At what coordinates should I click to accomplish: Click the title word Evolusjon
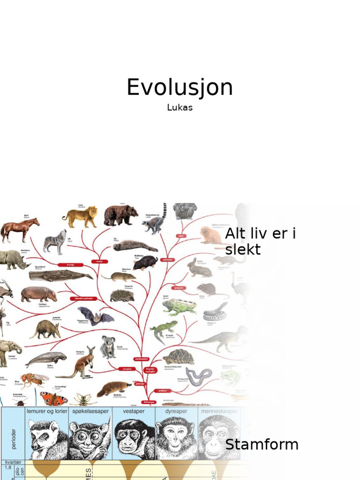point(180,88)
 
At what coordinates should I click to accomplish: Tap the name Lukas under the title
point(180,107)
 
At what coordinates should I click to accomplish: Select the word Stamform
point(262,444)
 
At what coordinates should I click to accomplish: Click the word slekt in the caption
point(242,249)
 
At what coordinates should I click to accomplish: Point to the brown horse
point(19,229)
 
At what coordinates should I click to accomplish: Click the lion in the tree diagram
point(80,216)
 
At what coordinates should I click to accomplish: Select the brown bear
point(120,215)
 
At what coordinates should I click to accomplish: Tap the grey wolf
point(55,241)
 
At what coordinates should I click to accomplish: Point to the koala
point(108,346)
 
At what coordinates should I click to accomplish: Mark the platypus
point(113,388)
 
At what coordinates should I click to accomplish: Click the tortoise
point(178,357)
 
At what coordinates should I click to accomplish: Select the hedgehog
point(122,296)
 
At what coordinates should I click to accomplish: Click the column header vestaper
point(134,411)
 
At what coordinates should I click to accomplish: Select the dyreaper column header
point(176,411)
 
